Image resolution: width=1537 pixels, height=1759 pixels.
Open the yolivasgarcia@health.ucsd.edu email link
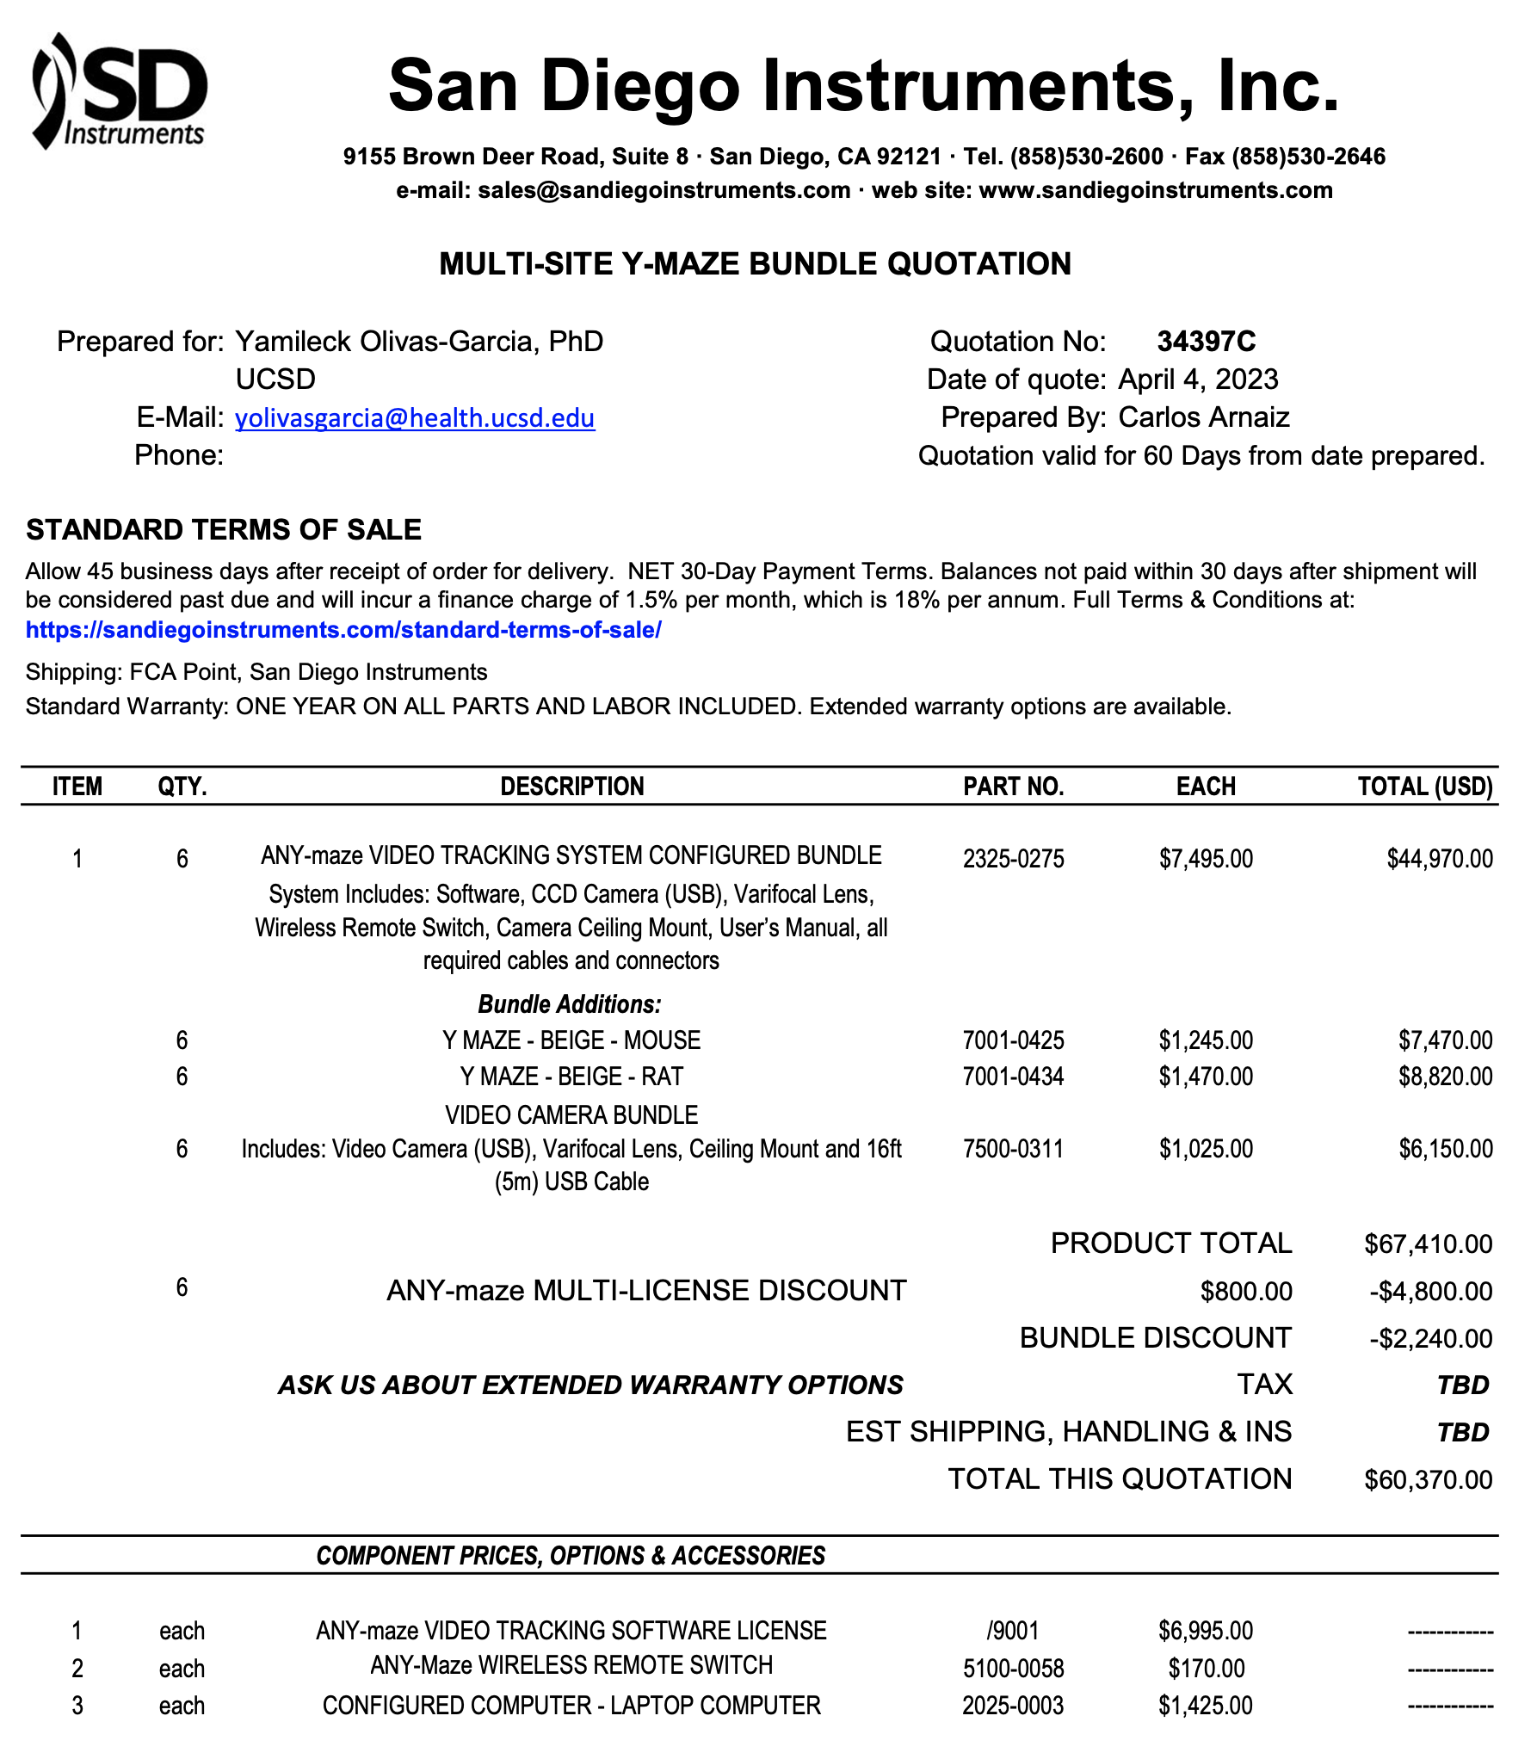[415, 418]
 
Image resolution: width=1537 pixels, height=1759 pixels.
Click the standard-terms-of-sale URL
[343, 630]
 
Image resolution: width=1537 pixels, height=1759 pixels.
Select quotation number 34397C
[1206, 342]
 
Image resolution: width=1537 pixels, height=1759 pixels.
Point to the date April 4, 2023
[1198, 380]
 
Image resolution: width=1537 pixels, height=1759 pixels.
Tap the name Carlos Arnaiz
[1203, 417]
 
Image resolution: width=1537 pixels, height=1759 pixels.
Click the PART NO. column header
[1013, 787]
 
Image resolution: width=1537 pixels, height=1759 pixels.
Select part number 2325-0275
[1013, 859]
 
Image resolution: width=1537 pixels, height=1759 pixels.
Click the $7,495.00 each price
[1206, 859]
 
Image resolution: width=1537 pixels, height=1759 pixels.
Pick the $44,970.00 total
[1439, 859]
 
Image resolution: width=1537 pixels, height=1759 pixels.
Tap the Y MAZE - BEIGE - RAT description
[571, 1077]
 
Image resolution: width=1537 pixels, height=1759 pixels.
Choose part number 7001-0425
[1013, 1040]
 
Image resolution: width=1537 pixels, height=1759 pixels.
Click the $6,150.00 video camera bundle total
[1445, 1149]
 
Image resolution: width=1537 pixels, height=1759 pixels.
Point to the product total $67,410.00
[1428, 1244]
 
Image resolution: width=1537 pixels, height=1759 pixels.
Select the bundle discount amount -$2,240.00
[1430, 1339]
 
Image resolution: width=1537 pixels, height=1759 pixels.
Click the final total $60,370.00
[1428, 1480]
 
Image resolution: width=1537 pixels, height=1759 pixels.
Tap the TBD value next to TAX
[1462, 1386]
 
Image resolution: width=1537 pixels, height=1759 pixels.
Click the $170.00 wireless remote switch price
[1206, 1669]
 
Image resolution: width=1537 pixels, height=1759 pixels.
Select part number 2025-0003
[1013, 1706]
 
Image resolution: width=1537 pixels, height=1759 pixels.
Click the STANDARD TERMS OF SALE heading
[224, 530]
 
